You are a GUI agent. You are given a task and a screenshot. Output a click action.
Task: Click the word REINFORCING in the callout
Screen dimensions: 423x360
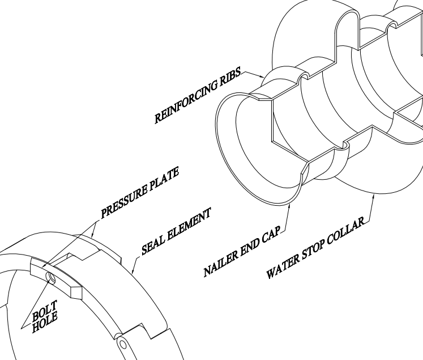(x=186, y=102)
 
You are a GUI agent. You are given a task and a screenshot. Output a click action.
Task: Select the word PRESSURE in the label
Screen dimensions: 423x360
(x=124, y=201)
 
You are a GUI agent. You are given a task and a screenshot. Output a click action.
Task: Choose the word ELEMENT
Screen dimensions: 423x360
(x=189, y=224)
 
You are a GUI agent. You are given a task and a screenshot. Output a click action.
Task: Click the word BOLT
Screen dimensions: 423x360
(x=45, y=311)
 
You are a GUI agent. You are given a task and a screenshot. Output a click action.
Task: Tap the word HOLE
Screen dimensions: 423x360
(x=45, y=322)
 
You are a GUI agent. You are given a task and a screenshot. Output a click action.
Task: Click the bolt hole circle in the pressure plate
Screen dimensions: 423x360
(x=52, y=278)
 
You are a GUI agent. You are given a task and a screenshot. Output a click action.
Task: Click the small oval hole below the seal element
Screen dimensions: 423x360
(x=123, y=345)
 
